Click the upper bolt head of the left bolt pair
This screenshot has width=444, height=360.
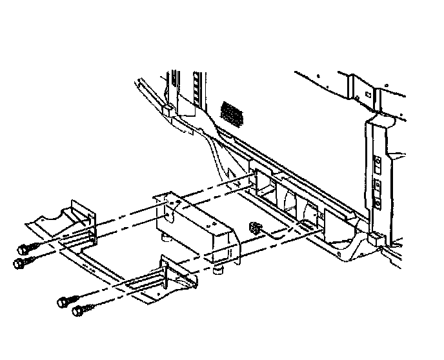[22, 249]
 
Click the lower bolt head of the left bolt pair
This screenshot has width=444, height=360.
[19, 263]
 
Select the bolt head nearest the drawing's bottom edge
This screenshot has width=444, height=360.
[78, 312]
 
